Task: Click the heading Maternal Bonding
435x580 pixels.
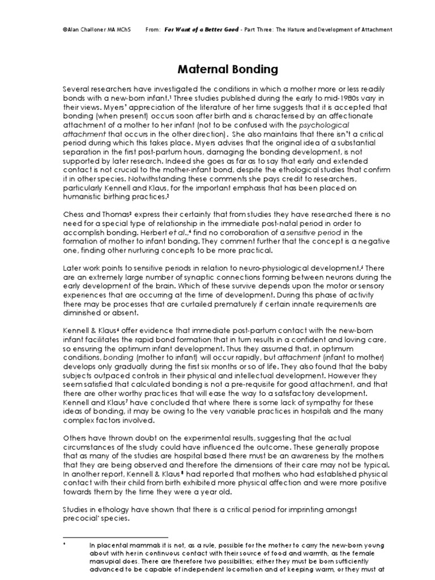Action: point(220,70)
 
